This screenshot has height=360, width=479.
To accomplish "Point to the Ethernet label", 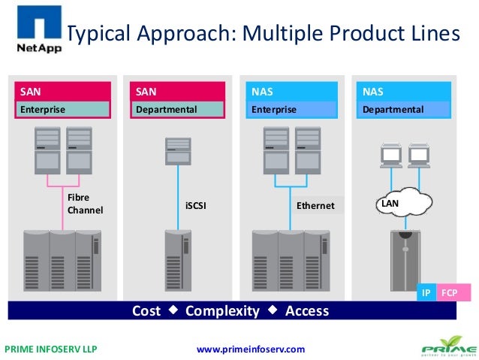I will [x=315, y=205].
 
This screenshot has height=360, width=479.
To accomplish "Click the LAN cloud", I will [x=402, y=204].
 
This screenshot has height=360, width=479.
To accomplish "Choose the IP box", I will [x=426, y=292].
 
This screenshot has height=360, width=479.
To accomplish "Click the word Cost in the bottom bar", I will [x=146, y=310].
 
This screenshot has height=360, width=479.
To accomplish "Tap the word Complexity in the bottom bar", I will [x=222, y=310].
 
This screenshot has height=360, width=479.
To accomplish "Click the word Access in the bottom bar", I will [x=307, y=310].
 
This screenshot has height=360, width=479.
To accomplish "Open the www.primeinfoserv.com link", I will [x=250, y=349].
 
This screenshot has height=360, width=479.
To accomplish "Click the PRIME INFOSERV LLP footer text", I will [x=51, y=349].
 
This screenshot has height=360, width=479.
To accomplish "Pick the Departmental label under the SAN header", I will [x=167, y=110].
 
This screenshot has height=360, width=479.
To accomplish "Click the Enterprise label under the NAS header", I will [x=274, y=110].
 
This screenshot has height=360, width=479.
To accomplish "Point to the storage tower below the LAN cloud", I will [x=407, y=263].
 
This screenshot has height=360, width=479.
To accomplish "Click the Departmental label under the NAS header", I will [x=393, y=110].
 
